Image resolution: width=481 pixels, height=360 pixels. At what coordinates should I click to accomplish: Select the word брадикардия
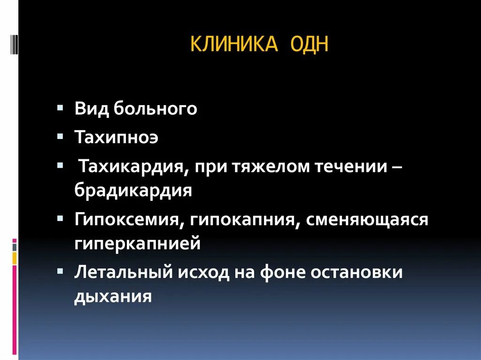tap(133, 191)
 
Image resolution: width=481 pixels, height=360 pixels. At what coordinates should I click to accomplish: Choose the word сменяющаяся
tap(367, 220)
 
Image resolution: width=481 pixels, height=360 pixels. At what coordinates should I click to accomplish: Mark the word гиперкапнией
tap(137, 244)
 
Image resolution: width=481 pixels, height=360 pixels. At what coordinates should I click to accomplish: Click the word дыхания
tap(113, 297)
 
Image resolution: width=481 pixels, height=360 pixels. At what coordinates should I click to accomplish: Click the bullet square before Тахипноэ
tap(60, 136)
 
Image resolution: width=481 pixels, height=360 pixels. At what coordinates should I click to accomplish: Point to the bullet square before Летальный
tap(60, 271)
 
